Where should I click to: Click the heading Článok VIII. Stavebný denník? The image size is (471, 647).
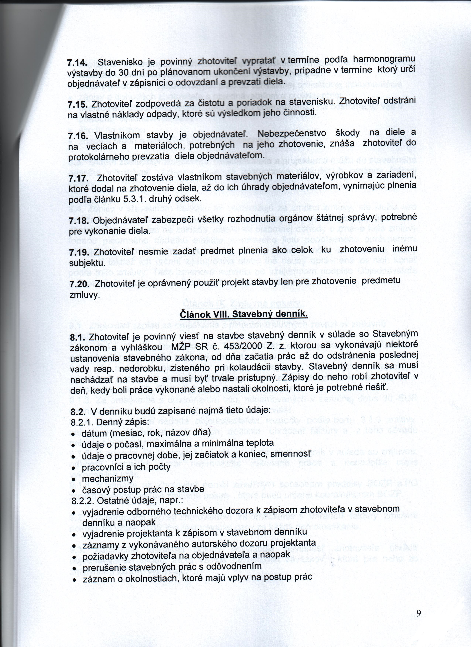pyautogui.click(x=244, y=314)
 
